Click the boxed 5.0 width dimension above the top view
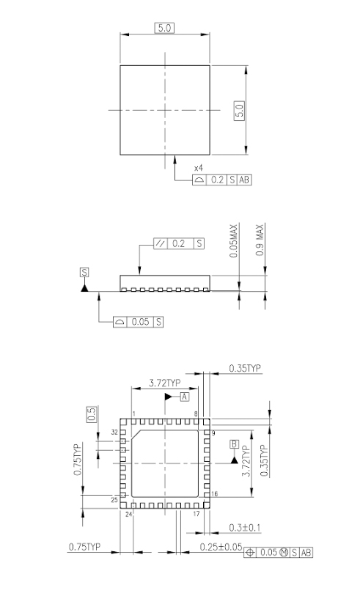click(164, 28)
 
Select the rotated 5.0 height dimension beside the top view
click(239, 111)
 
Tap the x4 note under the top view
click(199, 168)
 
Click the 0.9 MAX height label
click(260, 240)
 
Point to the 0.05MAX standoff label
click(234, 241)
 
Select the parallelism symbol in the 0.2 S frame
click(161, 243)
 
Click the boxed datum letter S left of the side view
click(84, 272)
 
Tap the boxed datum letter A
click(184, 397)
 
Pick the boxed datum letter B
click(234, 444)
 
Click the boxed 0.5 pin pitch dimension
click(92, 414)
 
